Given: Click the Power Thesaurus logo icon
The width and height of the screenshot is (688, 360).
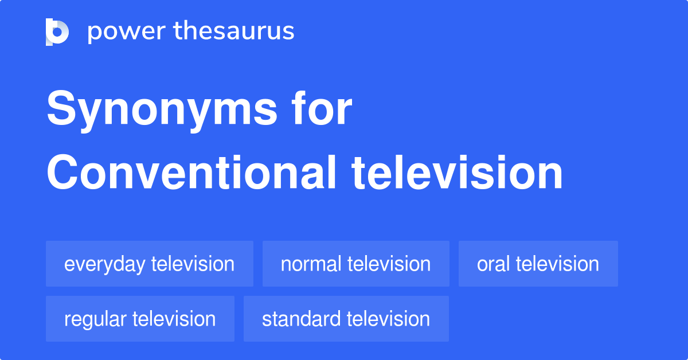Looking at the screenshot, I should point(57,32).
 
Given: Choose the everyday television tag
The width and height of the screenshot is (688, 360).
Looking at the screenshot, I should point(149,264).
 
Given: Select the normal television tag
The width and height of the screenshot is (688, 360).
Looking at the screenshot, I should point(355,264).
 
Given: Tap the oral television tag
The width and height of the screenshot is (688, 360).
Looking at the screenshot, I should point(538,264).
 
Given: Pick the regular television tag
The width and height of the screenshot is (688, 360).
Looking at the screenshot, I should point(140,319).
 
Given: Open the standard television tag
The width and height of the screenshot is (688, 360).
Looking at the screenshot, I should point(346,319).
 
